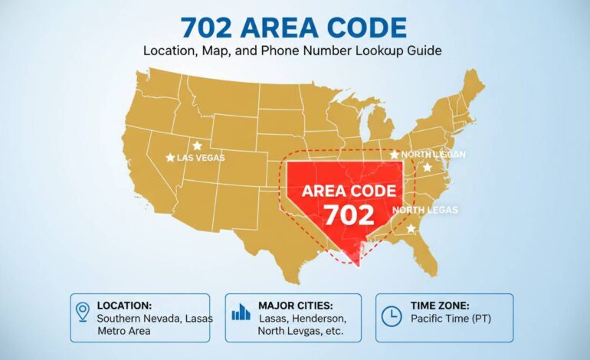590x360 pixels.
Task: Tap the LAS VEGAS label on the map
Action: (202, 157)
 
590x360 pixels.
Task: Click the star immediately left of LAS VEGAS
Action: (170, 157)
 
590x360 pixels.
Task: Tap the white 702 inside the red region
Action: (349, 214)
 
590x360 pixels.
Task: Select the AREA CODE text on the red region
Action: (349, 190)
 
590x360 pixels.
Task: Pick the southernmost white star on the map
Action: (411, 228)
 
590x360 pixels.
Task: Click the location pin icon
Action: (83, 311)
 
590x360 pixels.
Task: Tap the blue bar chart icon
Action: (241, 311)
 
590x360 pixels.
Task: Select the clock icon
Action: (392, 315)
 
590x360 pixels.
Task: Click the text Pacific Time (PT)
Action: (451, 317)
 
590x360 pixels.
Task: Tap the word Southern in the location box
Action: (120, 317)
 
